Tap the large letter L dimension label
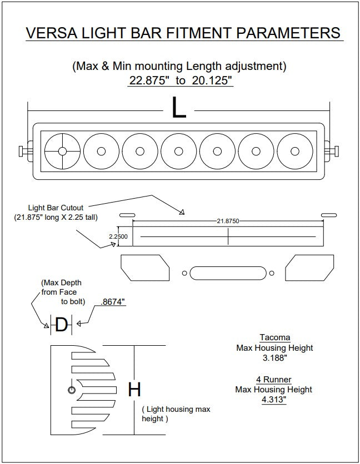coord(179,109)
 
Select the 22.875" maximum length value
coord(148,80)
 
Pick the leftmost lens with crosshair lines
coord(62,152)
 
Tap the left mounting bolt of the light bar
coord(24,151)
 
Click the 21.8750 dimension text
coord(228,221)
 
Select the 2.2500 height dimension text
coord(118,237)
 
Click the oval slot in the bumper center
coord(227,273)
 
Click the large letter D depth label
coord(62,325)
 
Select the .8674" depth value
coord(113,302)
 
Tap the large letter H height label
coord(134,390)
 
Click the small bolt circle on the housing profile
coord(71,391)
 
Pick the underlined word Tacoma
coord(274,337)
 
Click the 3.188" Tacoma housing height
coord(274,359)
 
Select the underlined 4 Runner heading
coord(274,379)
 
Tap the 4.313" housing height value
coord(274,400)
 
